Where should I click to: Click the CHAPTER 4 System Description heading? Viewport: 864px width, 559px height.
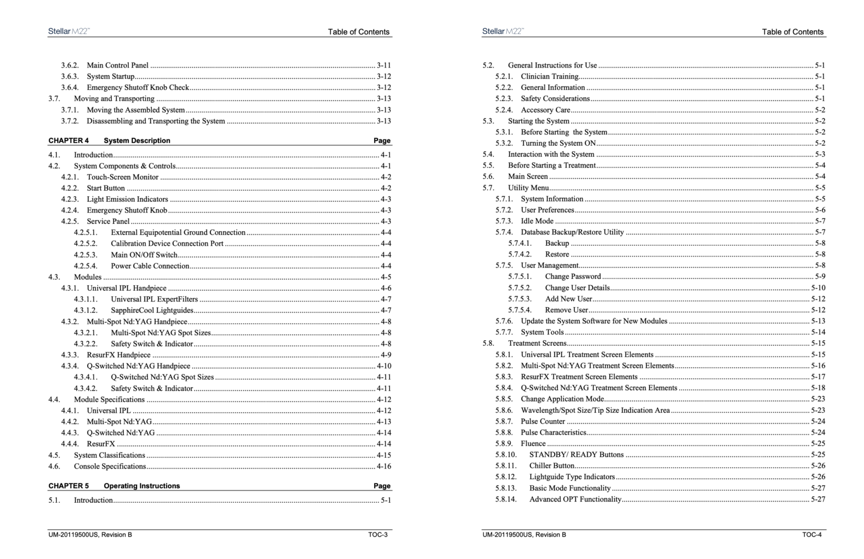pos(109,141)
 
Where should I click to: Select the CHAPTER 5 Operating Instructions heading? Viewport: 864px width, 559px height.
pos(114,486)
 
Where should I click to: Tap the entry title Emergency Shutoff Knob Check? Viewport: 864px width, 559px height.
pos(138,88)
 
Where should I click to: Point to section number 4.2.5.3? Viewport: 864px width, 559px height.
pos(85,255)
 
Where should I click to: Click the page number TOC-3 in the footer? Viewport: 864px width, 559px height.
pos(377,535)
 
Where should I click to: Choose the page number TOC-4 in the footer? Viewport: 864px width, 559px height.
pos(812,535)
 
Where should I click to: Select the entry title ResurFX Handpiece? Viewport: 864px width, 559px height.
pos(119,355)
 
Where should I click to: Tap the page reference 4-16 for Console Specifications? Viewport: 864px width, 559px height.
pos(384,466)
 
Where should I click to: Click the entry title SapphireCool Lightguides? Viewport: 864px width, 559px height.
pos(152,310)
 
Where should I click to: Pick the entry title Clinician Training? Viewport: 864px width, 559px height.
pos(550,76)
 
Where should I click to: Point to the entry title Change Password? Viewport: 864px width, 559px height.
pos(573,277)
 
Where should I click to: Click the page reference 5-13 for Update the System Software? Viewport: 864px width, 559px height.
pos(818,321)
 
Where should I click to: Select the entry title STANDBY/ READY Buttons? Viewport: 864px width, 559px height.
pos(576,455)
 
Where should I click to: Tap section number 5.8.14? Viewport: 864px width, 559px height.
pos(506,499)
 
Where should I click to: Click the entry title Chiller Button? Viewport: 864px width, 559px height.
pos(551,466)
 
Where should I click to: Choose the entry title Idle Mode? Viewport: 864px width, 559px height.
pos(537,221)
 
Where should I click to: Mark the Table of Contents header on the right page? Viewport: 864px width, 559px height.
pos(793,32)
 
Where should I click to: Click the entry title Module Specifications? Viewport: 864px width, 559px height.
pos(109,400)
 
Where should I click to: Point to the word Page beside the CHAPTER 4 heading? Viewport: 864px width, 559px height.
pos(381,141)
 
